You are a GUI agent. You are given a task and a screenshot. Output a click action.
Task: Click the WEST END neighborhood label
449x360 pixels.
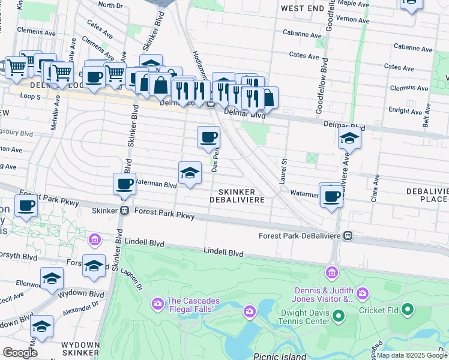303,9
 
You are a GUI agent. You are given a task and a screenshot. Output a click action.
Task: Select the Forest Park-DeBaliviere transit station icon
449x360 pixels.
348,236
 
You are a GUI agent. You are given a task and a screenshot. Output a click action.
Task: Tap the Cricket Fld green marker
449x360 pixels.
408,310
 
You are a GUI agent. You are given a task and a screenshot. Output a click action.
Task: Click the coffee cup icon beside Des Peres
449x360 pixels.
208,137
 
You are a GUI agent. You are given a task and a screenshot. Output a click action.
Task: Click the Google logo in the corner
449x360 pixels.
20,353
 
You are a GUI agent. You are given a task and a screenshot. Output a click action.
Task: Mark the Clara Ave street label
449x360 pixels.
375,188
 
